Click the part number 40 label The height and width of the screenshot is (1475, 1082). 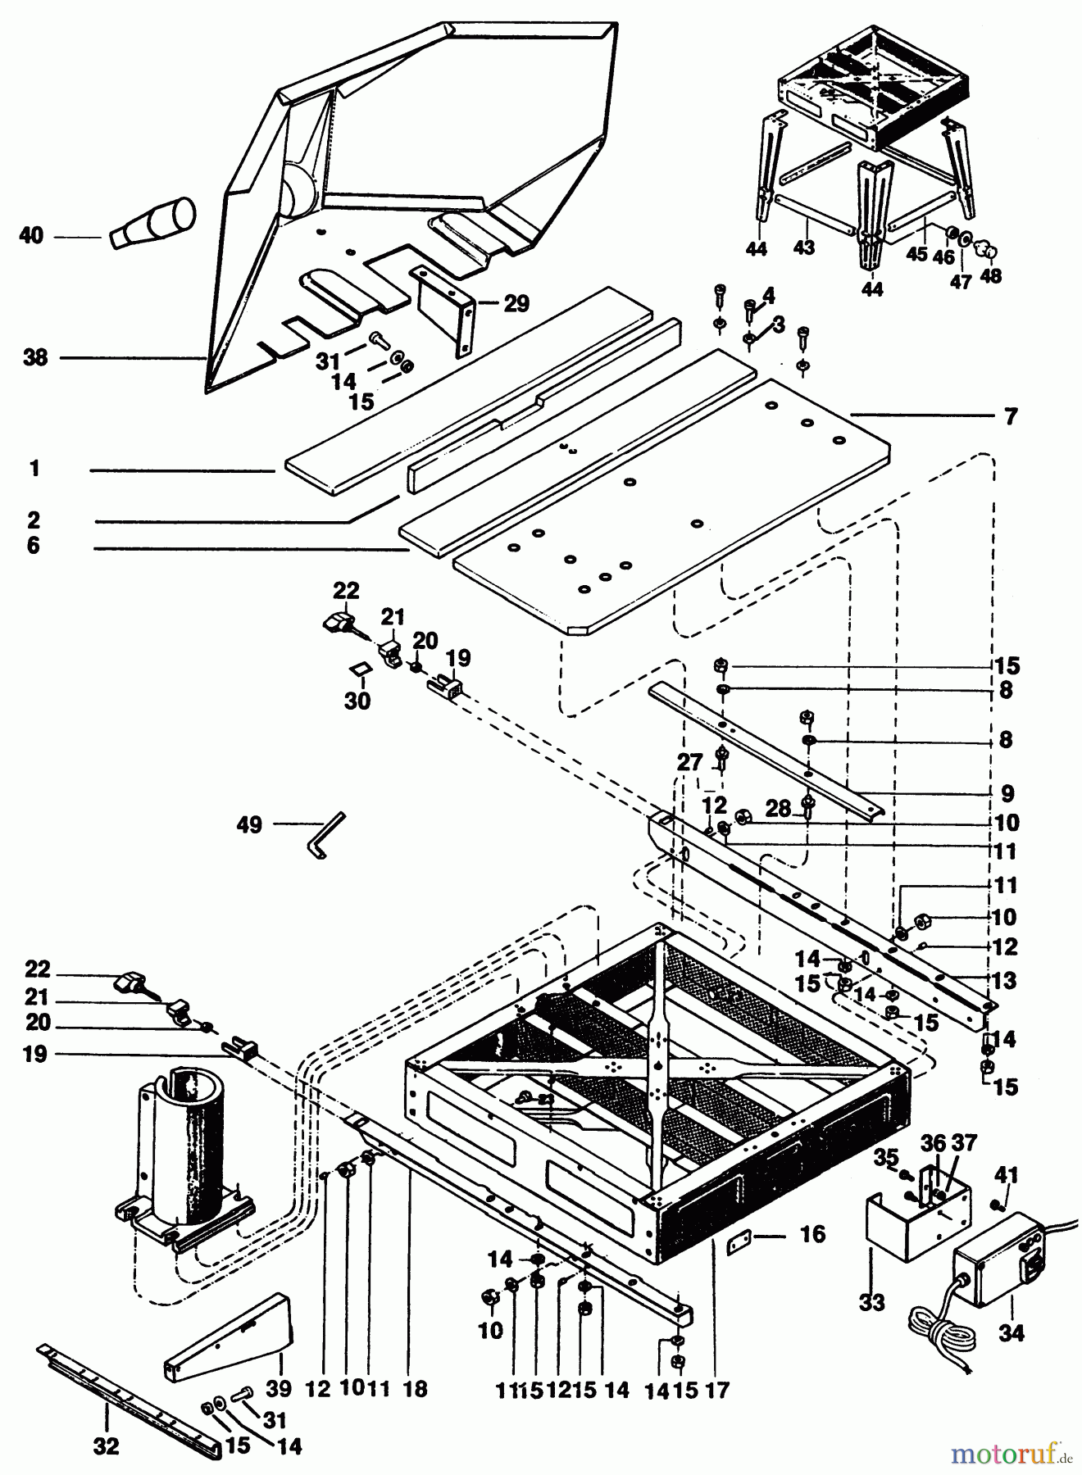(31, 236)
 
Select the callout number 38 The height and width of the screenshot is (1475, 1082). (35, 357)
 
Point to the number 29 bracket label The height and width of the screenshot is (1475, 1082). (516, 304)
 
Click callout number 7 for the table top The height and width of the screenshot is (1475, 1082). (1011, 417)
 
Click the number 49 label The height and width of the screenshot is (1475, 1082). (249, 824)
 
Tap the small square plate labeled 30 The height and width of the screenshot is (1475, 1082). (358, 670)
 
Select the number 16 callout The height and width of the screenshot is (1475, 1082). (811, 1234)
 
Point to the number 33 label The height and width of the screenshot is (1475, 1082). (872, 1302)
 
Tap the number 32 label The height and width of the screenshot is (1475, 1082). (107, 1446)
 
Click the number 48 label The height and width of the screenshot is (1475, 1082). (990, 276)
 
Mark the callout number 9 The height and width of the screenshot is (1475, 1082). (1006, 793)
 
